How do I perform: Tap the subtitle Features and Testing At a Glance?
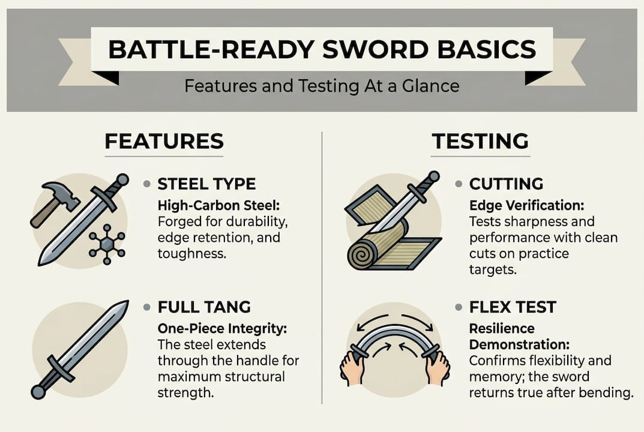322,86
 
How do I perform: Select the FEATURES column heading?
164,142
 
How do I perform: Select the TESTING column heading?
480,142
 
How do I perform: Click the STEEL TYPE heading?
206,184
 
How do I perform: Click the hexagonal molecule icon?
106,245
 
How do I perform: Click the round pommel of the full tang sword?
38,392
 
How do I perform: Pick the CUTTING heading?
506,184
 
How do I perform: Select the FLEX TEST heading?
513,308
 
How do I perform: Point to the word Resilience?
502,329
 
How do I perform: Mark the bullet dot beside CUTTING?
459,184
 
